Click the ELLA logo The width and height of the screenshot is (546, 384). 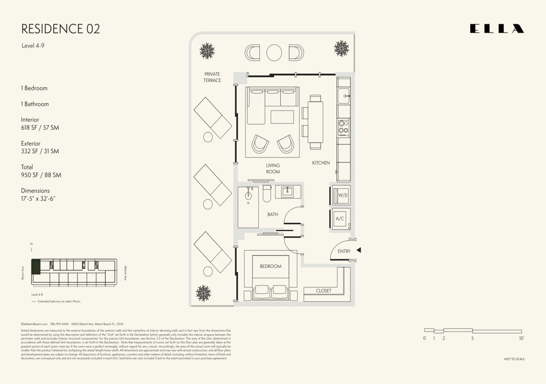497,29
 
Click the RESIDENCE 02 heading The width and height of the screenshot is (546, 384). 61,29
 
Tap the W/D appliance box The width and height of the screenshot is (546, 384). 341,195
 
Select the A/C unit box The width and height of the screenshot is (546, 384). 340,218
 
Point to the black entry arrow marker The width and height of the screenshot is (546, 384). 359,250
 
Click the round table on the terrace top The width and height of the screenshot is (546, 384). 274,53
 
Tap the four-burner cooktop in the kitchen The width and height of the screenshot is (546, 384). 344,127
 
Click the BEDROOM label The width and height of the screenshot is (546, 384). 270,266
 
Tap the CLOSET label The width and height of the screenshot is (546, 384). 323,291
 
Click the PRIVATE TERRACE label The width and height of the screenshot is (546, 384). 212,77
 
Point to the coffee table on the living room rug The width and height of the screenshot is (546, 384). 282,117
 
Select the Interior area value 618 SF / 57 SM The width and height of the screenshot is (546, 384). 40,128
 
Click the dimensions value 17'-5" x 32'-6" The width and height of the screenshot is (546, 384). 38,199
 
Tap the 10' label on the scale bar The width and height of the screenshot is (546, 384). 521,338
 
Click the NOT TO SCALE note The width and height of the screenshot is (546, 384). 514,359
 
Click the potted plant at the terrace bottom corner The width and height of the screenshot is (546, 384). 203,293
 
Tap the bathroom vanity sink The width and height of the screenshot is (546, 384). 288,192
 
